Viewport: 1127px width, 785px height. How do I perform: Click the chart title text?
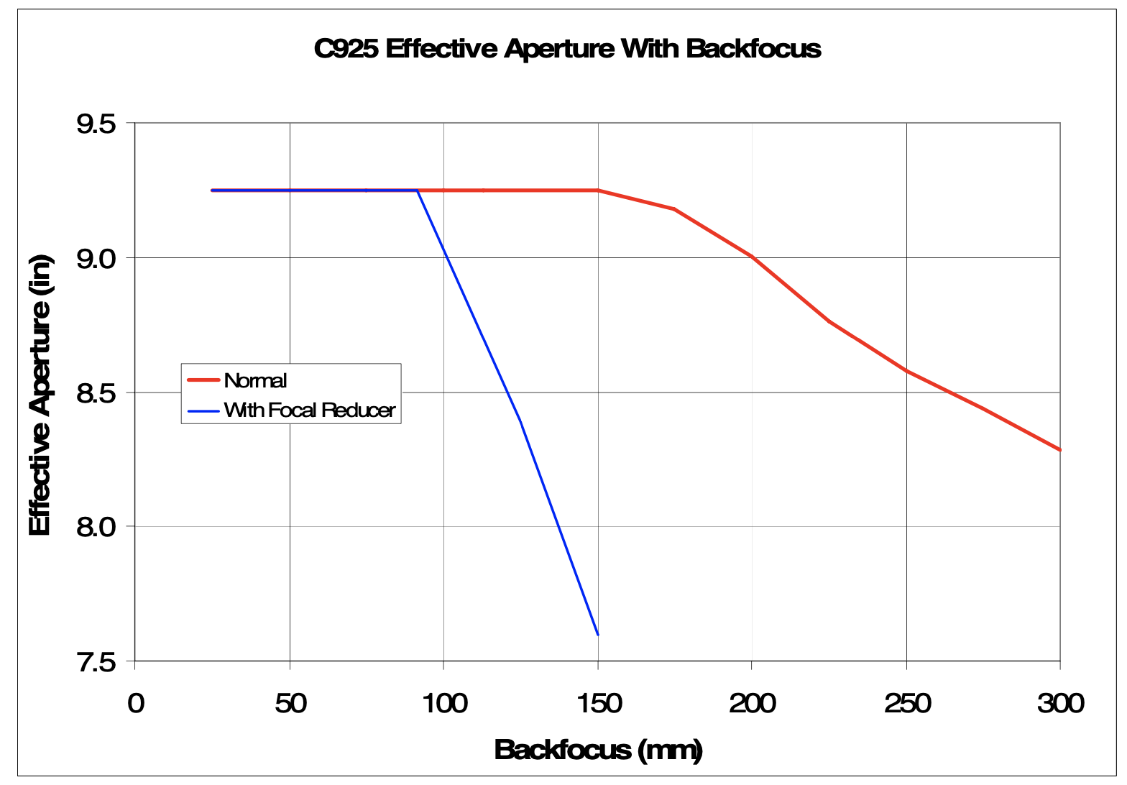coord(567,49)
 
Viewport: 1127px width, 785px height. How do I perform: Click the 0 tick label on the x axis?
coord(136,703)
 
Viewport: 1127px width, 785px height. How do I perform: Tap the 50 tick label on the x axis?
coord(290,703)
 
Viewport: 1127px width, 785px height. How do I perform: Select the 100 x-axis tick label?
coord(444,703)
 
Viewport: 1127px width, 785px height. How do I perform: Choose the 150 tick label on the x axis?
coord(599,703)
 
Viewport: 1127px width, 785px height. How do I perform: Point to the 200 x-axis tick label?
coord(753,703)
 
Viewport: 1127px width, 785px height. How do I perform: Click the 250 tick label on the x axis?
coord(907,703)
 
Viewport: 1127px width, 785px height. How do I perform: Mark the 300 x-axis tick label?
coord(1060,703)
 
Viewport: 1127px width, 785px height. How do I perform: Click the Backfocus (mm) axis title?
coord(598,750)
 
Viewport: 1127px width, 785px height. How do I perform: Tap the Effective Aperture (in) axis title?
coord(40,396)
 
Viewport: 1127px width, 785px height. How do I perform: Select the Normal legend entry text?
coord(255,380)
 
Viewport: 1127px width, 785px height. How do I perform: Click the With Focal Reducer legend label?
coord(309,410)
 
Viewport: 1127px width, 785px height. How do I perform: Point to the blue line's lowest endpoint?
coord(598,635)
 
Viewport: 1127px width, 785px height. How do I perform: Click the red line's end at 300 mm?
coord(1060,450)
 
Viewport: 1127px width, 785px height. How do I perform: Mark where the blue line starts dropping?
coord(418,190)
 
